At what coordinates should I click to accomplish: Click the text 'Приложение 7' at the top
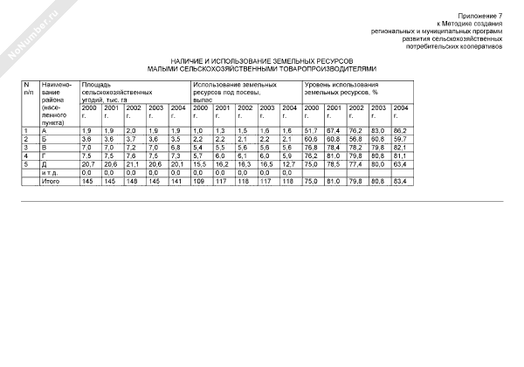pos(482,17)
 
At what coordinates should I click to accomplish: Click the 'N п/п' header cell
pos(29,87)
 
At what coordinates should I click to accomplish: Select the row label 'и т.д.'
pos(51,172)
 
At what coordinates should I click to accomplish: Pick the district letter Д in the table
pos(44,164)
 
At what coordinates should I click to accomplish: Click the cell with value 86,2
pos(400,130)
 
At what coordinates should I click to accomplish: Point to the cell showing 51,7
pos(310,130)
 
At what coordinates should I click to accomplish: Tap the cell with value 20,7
pos(87,164)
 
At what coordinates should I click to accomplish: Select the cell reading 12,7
pos(289,164)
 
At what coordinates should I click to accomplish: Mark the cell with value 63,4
pos(400,164)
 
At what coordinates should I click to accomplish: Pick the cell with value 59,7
pos(400,139)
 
